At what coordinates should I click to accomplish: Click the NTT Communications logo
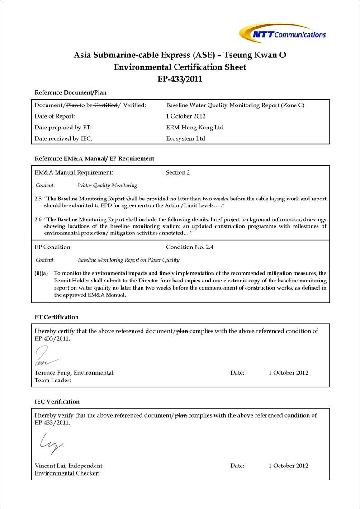(282, 33)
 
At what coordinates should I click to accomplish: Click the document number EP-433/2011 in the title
(180, 79)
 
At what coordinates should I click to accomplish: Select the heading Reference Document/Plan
(71, 93)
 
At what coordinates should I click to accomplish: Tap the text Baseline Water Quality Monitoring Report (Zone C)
(235, 105)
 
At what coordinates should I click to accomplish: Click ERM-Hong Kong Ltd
(195, 128)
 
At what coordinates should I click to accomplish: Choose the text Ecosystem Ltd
(185, 138)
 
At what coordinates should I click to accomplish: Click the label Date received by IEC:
(63, 138)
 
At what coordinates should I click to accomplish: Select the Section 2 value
(178, 172)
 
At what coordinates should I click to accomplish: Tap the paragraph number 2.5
(38, 199)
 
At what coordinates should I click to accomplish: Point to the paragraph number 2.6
(38, 219)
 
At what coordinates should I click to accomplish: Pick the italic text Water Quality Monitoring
(107, 185)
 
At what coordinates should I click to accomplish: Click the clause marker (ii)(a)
(42, 273)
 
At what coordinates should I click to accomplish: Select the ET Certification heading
(57, 317)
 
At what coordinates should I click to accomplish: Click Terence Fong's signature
(45, 357)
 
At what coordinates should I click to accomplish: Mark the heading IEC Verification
(57, 401)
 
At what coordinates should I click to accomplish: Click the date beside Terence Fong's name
(288, 373)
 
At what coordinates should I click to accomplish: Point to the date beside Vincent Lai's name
(288, 466)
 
